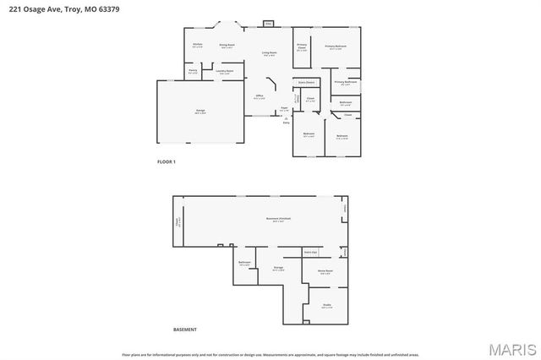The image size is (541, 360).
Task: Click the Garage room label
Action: (200, 111)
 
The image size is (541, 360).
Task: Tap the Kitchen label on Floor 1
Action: (197, 44)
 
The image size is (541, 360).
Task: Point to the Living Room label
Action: (269, 53)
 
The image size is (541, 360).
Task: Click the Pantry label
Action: (193, 71)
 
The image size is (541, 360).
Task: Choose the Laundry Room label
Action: (226, 72)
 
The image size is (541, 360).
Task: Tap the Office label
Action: (260, 96)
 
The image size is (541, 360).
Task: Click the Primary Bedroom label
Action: (336, 46)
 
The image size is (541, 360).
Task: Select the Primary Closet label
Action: (301, 47)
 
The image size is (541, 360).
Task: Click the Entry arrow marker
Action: (286, 119)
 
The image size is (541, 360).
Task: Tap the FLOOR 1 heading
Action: (167, 161)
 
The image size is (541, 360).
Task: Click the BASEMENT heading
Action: (184, 329)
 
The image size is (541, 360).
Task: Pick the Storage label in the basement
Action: (278, 268)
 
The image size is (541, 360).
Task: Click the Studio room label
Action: (326, 306)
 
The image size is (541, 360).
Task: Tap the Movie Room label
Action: (325, 271)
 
